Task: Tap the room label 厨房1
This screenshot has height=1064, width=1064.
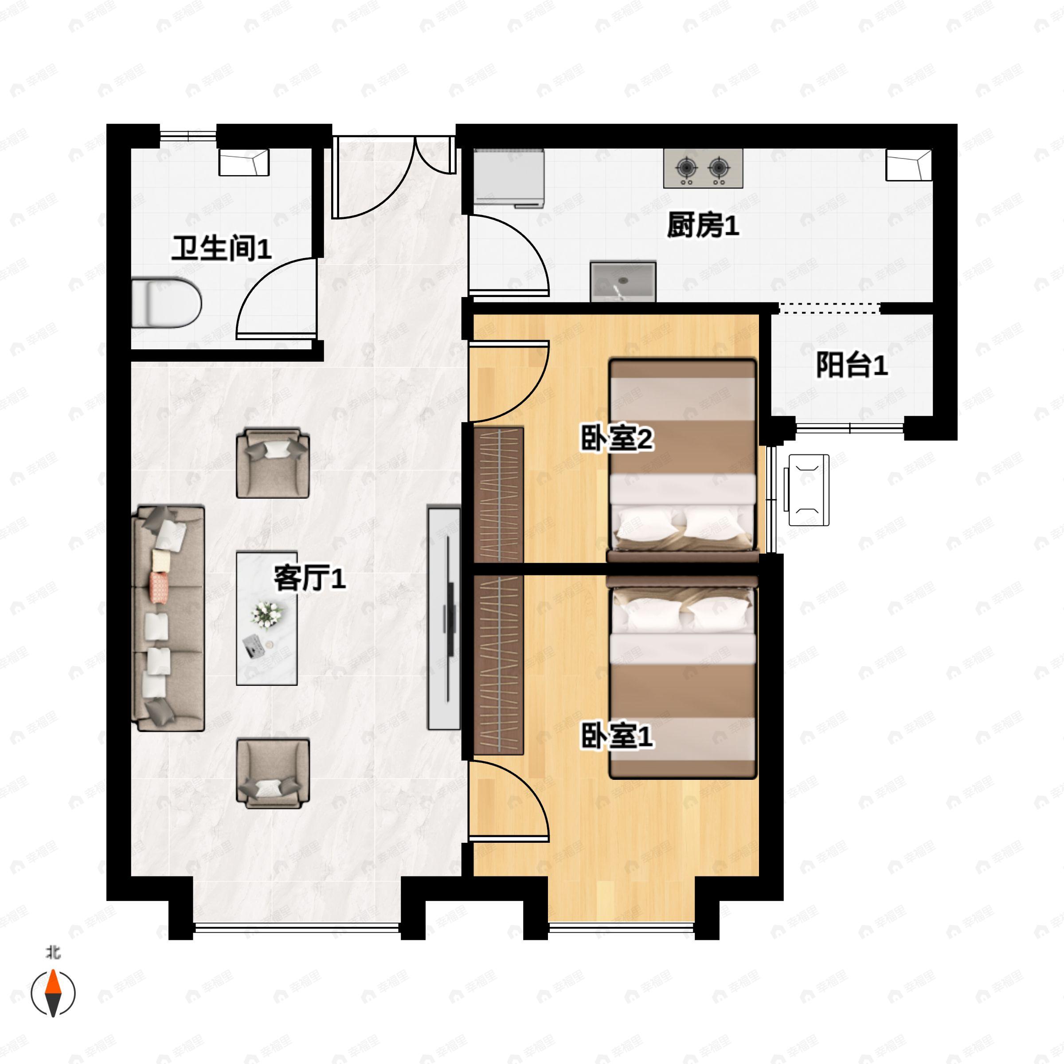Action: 703,225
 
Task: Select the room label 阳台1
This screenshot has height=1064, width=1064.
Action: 851,365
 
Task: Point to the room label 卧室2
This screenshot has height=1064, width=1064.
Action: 617,439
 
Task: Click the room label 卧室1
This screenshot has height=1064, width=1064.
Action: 617,736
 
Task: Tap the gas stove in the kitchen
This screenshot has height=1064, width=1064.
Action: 703,168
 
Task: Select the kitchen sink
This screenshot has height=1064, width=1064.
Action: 623,282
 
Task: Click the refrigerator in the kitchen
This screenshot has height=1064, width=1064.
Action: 509,177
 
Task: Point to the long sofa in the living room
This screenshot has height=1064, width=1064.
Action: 168,618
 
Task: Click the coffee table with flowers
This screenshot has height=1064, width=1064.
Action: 266,618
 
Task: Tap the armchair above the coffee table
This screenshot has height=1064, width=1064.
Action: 273,462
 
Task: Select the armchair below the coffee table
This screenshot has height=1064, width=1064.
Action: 273,773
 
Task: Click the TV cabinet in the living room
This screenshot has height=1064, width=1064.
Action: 444,618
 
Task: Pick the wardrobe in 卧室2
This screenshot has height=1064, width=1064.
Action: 498,495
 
